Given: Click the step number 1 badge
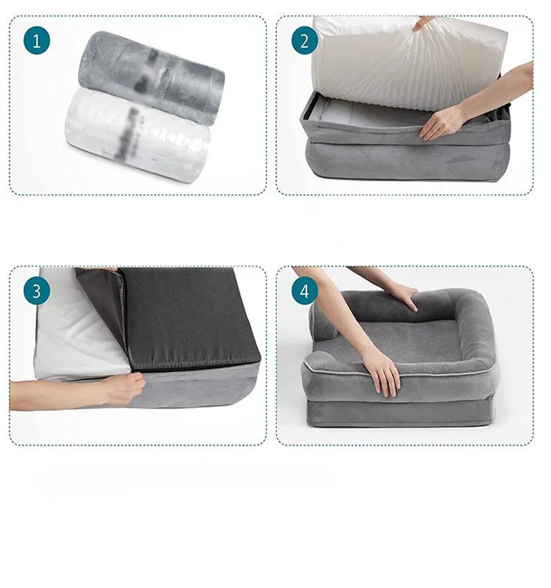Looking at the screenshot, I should pyautogui.click(x=37, y=40).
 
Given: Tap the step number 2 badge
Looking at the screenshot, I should pyautogui.click(x=304, y=40).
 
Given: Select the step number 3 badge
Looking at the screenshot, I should pyautogui.click(x=37, y=291).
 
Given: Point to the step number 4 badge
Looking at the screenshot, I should pyautogui.click(x=304, y=291).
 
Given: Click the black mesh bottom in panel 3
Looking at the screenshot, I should pyautogui.click(x=191, y=316).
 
